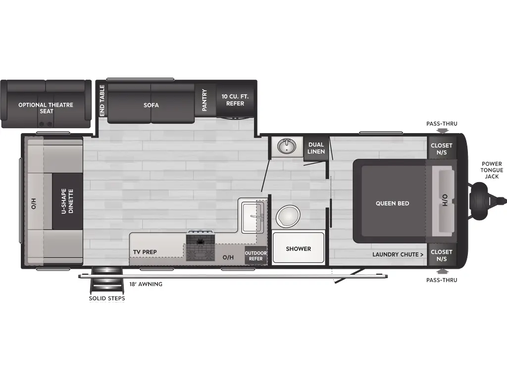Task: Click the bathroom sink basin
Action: pos(287,146)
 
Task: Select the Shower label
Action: pos(298,249)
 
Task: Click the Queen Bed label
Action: pos(392,203)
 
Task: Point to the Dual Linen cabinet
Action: pos(316,148)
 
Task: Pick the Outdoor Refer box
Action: pos(255,256)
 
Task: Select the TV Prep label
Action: pos(145,252)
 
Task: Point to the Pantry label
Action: pos(204,99)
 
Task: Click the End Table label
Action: pos(102,101)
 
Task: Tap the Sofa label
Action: pos(151,105)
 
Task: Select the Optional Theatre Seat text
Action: pos(46,108)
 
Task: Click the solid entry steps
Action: pos(106,281)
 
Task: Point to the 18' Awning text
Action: pos(146,285)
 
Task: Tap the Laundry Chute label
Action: pos(398,255)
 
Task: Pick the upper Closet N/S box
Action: pos(441,148)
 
